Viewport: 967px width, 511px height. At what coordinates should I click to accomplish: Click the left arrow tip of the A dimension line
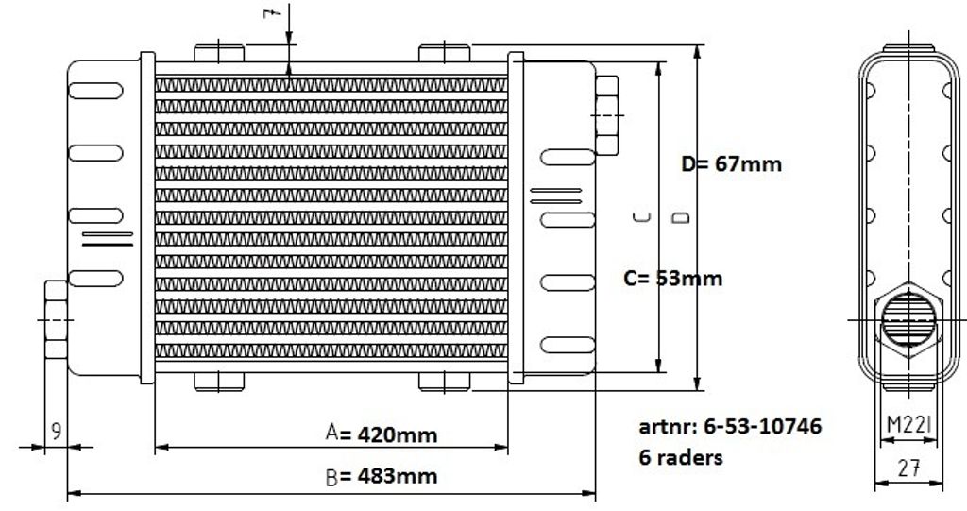pos(156,447)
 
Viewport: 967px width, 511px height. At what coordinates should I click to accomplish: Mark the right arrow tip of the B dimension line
pos(595,493)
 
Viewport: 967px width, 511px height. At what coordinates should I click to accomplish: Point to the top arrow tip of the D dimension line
pos(698,45)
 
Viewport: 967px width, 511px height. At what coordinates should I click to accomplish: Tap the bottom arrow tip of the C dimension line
pos(659,372)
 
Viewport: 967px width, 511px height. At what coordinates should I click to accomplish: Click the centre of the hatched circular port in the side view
pos(908,319)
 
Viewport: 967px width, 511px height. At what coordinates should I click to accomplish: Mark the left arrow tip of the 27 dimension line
pos(875,484)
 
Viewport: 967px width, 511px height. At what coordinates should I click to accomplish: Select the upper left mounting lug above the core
pos(219,53)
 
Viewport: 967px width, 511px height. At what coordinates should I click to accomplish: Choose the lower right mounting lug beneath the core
pos(444,382)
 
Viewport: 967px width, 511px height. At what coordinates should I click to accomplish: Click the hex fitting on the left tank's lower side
pos(56,319)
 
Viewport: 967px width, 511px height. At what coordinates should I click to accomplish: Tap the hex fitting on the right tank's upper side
pos(607,115)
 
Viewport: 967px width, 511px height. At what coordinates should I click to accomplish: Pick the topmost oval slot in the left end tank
pos(95,91)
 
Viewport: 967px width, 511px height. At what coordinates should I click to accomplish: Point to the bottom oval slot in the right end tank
pos(568,345)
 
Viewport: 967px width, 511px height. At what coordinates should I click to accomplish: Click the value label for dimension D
pos(732,164)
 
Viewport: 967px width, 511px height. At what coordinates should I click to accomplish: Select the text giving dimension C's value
pos(672,279)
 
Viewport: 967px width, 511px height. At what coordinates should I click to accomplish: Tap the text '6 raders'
pos(681,457)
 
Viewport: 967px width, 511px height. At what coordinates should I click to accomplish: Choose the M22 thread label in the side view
pos(909,425)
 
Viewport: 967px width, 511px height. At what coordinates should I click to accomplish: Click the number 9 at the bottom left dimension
pos(56,431)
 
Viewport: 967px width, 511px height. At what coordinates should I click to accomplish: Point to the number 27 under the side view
pos(909,469)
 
